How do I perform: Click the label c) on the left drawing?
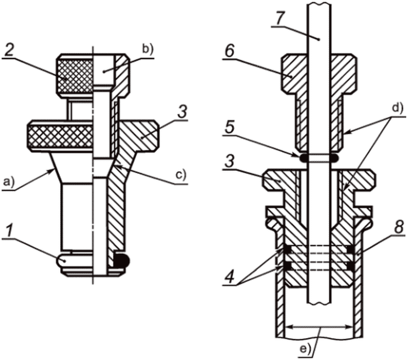click(181, 176)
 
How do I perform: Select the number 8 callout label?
click(398, 227)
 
